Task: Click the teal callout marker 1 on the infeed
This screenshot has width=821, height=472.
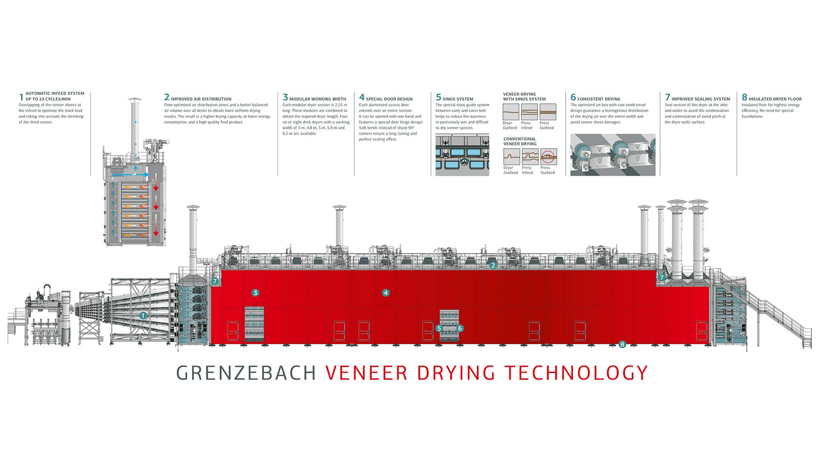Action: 143,316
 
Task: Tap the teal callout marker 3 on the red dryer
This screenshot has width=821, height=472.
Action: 255,293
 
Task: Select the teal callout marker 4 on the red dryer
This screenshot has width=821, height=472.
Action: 385,293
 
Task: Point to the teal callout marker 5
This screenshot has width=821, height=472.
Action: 439,328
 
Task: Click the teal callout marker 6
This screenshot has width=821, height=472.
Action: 460,328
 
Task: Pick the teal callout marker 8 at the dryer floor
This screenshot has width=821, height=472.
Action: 622,344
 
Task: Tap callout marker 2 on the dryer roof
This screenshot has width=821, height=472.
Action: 493,266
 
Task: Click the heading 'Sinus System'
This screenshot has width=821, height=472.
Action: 458,99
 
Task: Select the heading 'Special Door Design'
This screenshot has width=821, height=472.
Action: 389,99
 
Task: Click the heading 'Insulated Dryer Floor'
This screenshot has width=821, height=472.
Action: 775,99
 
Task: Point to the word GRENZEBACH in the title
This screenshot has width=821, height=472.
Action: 246,373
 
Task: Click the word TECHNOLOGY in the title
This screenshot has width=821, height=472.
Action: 576,373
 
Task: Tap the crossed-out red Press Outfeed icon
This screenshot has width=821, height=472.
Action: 548,156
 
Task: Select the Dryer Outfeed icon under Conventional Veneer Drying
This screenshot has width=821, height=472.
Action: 511,156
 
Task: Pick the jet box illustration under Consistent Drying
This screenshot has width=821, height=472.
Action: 612,155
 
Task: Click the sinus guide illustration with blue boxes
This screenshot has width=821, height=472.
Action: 462,155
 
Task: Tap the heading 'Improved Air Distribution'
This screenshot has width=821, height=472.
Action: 201,99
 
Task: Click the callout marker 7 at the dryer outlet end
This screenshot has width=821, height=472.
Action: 661,277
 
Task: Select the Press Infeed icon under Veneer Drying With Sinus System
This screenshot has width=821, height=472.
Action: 529,112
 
